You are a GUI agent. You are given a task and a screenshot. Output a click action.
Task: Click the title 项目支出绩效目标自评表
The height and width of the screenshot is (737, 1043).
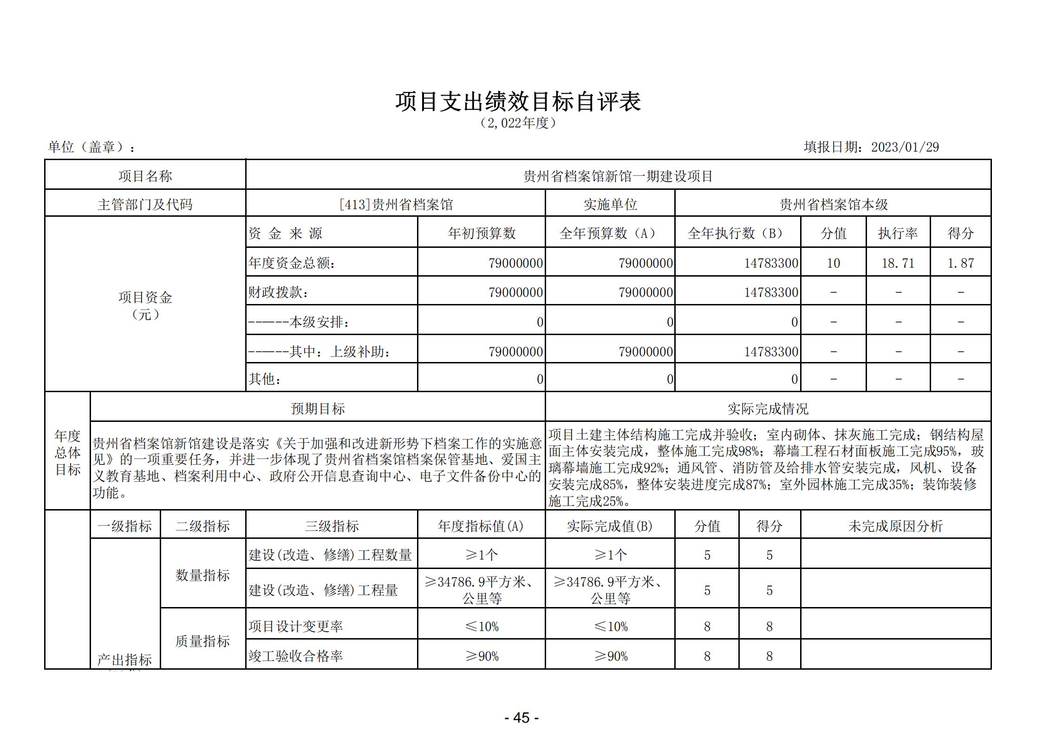click(518, 102)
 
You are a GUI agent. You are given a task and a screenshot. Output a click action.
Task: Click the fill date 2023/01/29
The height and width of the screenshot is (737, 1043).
click(905, 147)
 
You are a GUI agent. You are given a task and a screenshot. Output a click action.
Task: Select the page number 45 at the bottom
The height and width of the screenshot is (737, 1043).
click(521, 718)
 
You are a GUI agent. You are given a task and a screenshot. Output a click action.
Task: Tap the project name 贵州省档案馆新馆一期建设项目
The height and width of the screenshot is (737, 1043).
click(618, 176)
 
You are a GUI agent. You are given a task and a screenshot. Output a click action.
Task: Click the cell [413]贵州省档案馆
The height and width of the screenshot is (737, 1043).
click(396, 205)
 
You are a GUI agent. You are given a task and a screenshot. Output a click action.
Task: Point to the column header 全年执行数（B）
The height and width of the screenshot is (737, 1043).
click(737, 233)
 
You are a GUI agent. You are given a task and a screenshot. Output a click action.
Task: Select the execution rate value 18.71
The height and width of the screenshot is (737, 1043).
click(898, 263)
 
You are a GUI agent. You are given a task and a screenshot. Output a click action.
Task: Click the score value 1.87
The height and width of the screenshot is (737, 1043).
click(960, 263)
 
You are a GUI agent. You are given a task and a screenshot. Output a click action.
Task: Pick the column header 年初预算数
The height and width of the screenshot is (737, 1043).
click(482, 233)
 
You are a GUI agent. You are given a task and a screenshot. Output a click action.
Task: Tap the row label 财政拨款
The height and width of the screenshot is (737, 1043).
click(279, 292)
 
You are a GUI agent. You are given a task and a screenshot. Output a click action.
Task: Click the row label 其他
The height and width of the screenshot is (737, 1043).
click(265, 379)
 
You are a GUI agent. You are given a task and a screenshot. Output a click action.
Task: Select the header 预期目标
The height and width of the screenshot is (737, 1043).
click(318, 408)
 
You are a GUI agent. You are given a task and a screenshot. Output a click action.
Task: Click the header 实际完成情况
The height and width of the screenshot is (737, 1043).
click(768, 408)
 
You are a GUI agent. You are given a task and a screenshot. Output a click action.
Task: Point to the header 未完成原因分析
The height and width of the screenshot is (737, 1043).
click(895, 526)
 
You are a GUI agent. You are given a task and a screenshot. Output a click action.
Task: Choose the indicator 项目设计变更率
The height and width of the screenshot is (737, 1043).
click(296, 627)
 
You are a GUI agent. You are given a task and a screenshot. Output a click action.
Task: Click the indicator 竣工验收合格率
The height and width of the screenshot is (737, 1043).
click(296, 656)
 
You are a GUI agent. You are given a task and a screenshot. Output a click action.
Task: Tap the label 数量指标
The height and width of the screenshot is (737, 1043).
click(202, 575)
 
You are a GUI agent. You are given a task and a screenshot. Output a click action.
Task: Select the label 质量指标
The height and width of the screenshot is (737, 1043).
click(202, 641)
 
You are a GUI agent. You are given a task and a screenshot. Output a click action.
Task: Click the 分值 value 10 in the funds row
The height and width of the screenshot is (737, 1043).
click(833, 263)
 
